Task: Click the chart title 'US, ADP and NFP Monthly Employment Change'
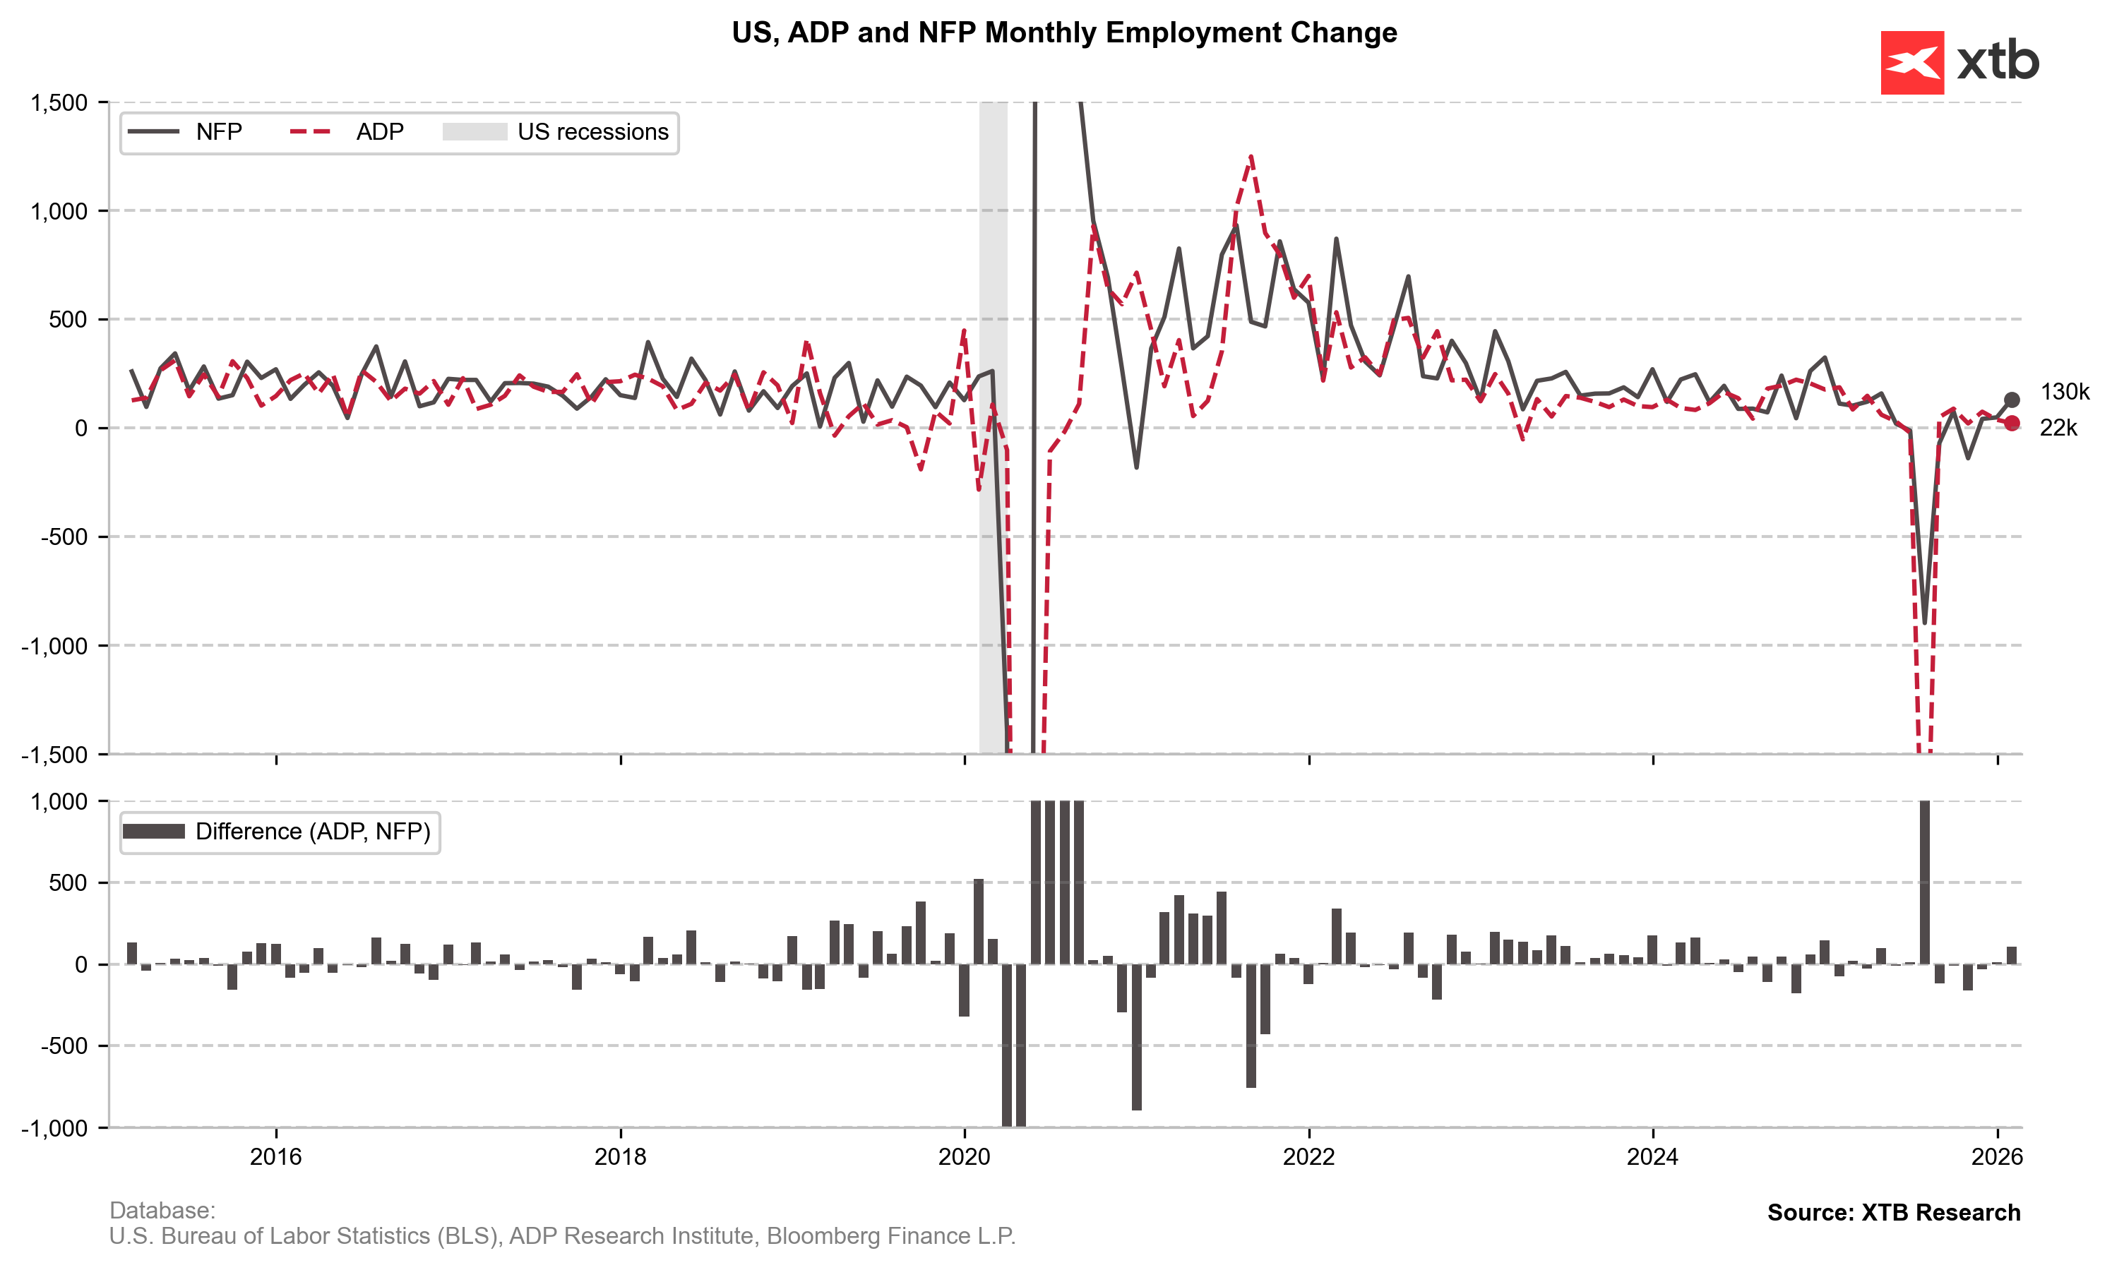(x=1063, y=32)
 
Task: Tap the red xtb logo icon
(x=1911, y=62)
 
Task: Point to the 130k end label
(x=2064, y=392)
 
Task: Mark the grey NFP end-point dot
(x=2011, y=400)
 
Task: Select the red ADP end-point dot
(x=2011, y=423)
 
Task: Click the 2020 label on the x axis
(x=965, y=1157)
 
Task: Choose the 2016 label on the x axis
(x=275, y=1157)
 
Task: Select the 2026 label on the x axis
(x=1996, y=1157)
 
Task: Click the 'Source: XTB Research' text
(x=1893, y=1212)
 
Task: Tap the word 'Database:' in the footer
(x=162, y=1210)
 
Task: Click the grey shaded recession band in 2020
(x=993, y=257)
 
